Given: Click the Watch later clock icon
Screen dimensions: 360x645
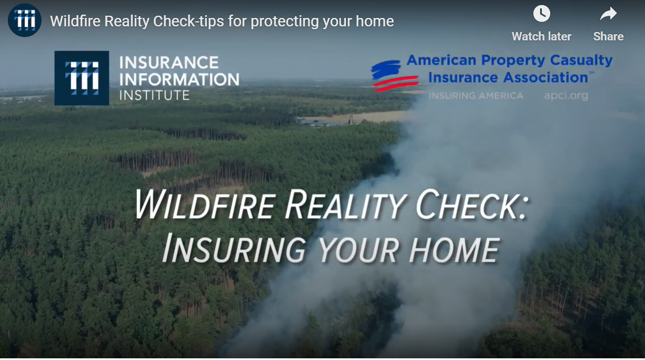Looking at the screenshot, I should click(541, 13).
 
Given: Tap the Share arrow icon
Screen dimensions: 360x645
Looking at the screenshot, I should click(608, 13).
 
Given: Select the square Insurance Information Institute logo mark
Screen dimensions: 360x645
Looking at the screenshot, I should click(82, 78).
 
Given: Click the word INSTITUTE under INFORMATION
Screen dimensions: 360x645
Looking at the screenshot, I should click(154, 95).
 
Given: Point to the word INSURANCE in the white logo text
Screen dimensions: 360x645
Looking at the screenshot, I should click(161, 62).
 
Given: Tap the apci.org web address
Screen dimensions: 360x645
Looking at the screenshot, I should click(566, 95).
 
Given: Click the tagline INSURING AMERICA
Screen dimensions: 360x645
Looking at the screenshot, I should click(476, 95).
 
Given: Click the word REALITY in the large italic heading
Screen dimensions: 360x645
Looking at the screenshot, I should click(345, 206).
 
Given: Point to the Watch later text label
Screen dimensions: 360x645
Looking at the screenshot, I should click(541, 36).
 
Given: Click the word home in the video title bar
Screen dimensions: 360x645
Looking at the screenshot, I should click(377, 22).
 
